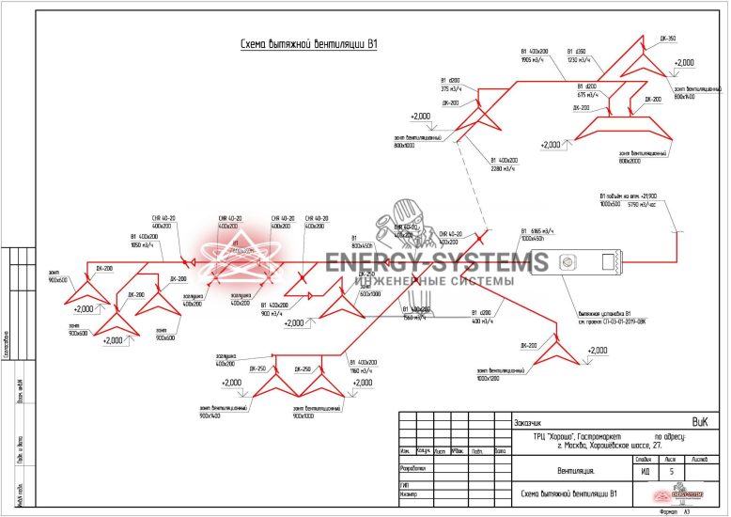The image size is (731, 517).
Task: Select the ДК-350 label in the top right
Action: (668, 39)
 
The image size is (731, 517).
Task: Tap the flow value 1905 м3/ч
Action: (533, 60)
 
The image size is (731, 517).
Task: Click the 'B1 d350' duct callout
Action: (576, 52)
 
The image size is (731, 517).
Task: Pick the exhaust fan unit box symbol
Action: (574, 261)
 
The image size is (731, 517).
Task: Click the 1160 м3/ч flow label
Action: (363, 369)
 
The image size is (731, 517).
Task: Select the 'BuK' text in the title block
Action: (699, 422)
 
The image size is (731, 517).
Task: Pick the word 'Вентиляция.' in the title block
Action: (576, 472)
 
